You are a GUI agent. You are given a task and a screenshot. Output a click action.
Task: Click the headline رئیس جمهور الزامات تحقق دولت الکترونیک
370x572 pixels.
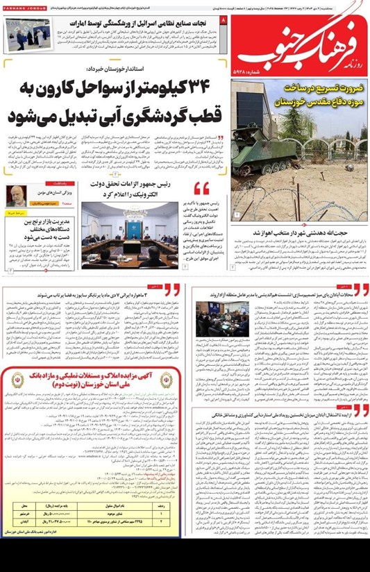(132, 188)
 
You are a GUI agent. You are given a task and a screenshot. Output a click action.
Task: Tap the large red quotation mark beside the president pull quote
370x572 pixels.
(201, 188)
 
